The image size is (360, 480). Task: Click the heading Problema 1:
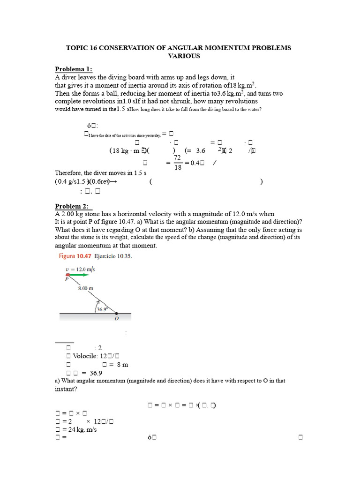click(x=74, y=69)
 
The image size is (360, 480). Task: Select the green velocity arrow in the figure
click(x=80, y=275)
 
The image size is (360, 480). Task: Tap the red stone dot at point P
click(x=67, y=275)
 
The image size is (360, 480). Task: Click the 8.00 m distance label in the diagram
click(x=87, y=289)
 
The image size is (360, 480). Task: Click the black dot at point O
click(x=116, y=313)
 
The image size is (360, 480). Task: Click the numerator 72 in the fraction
click(x=177, y=157)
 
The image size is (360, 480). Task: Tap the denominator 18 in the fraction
click(x=177, y=167)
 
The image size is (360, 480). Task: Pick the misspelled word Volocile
click(x=89, y=356)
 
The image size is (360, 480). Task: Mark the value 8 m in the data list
click(x=122, y=364)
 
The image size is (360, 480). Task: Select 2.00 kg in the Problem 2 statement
click(x=71, y=214)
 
